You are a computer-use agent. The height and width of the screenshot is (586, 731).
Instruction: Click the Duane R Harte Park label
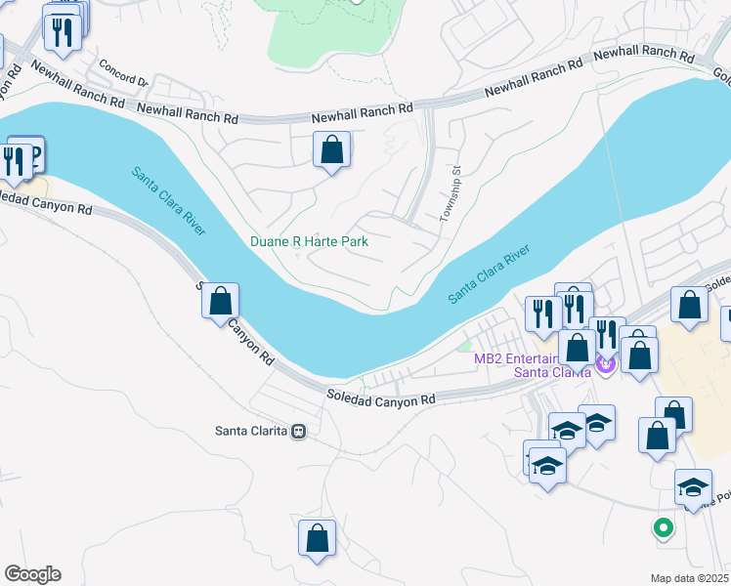pyautogui.click(x=308, y=240)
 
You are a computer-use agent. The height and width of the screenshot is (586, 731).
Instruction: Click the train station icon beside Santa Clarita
pyautogui.click(x=299, y=431)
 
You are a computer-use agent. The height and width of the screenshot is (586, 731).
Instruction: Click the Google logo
pyautogui.click(x=32, y=574)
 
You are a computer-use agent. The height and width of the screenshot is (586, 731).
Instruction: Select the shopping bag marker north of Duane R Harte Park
pyautogui.click(x=332, y=150)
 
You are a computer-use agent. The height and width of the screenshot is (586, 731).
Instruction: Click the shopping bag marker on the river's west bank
pyautogui.click(x=221, y=301)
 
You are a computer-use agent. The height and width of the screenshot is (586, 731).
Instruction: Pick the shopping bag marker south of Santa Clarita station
pyautogui.click(x=317, y=538)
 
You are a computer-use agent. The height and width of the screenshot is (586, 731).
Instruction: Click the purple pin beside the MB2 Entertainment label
pyautogui.click(x=604, y=364)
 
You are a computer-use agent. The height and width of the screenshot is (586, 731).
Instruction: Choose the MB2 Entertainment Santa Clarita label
pyautogui.click(x=533, y=365)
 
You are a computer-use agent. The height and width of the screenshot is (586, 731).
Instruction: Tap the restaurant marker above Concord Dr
pyautogui.click(x=64, y=31)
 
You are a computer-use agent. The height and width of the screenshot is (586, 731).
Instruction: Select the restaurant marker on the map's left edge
pyautogui.click(x=15, y=160)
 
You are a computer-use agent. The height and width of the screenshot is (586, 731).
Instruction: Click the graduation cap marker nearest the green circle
pyautogui.click(x=692, y=487)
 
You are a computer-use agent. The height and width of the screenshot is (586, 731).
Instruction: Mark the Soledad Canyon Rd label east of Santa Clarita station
pyautogui.click(x=380, y=398)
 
